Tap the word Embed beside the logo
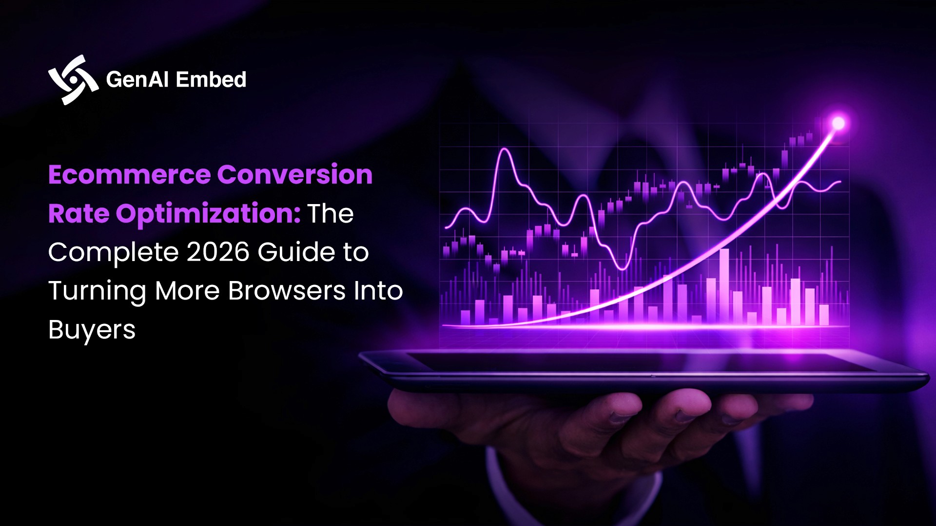coord(211,80)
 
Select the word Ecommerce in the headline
coord(129,175)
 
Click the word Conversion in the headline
coord(295,175)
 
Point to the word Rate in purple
coord(78,214)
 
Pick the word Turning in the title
coord(97,292)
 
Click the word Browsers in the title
coord(287,291)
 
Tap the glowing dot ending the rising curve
coord(838,123)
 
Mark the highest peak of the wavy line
coord(505,150)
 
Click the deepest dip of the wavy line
coord(623,268)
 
